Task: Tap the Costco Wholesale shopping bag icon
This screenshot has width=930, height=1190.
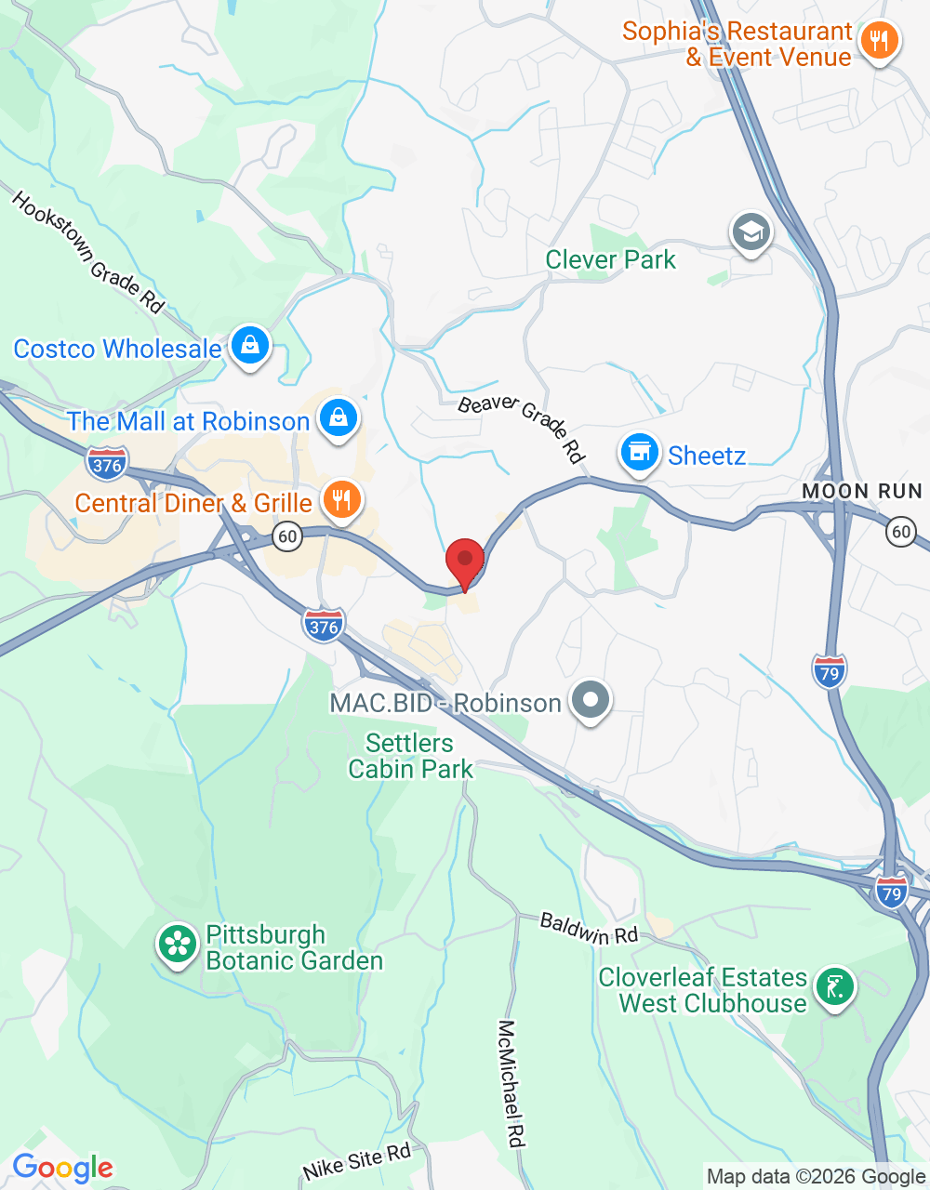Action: point(249,346)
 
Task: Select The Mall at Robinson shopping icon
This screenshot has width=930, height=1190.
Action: point(339,419)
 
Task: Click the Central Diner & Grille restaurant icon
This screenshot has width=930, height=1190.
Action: point(342,500)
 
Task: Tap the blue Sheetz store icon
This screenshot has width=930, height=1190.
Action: point(639,454)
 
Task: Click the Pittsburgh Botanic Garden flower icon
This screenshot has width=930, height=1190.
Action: point(177,945)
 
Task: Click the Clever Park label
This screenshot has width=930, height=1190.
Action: point(610,260)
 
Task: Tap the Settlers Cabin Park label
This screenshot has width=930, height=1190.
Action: point(410,756)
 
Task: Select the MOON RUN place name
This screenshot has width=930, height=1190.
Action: point(861,491)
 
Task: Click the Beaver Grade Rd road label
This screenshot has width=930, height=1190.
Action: point(522,428)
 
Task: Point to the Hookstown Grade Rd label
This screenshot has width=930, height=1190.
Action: point(87,252)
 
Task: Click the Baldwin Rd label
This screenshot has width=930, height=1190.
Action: point(589,929)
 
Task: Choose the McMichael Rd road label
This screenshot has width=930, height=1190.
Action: point(512,1083)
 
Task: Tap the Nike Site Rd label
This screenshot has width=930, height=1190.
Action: point(357,1163)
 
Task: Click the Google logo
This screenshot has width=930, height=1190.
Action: point(62,1168)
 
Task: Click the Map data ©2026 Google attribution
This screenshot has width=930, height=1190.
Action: point(816,1177)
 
